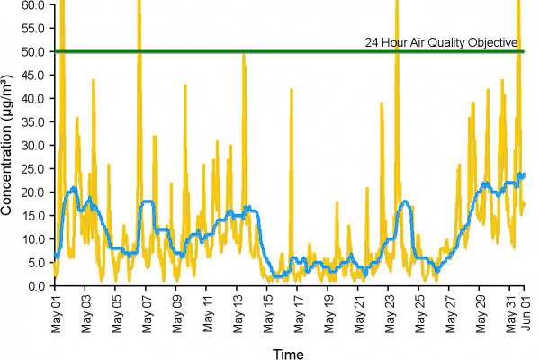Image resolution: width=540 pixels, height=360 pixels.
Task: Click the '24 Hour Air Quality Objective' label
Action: (x=440, y=41)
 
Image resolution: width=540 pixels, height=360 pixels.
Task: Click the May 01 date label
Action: (x=56, y=310)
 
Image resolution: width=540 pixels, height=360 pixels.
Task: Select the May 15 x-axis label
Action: (x=268, y=310)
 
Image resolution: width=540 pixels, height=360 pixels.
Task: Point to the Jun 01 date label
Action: (x=526, y=310)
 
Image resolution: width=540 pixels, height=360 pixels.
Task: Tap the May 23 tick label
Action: (x=390, y=310)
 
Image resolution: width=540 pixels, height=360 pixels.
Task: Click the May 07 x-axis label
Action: (x=147, y=310)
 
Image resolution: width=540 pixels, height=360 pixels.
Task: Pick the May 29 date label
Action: (x=481, y=310)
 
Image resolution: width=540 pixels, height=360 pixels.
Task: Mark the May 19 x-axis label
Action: (x=329, y=310)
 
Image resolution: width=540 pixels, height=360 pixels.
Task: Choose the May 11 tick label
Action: (x=208, y=310)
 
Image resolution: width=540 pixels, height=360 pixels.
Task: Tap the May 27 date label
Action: (x=450, y=310)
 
